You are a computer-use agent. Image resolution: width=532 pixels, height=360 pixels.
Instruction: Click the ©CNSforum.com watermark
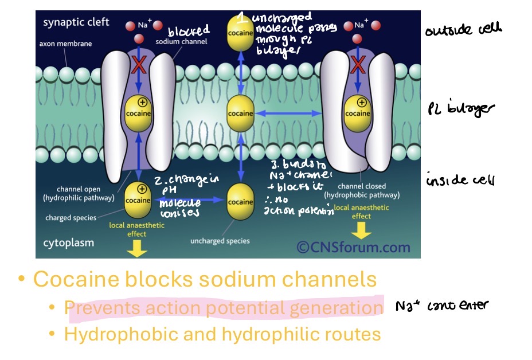click(x=353, y=247)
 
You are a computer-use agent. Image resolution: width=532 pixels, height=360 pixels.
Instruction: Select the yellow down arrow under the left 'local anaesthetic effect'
click(x=136, y=248)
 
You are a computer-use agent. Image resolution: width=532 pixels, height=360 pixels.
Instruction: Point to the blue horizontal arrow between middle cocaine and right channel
click(x=288, y=114)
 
